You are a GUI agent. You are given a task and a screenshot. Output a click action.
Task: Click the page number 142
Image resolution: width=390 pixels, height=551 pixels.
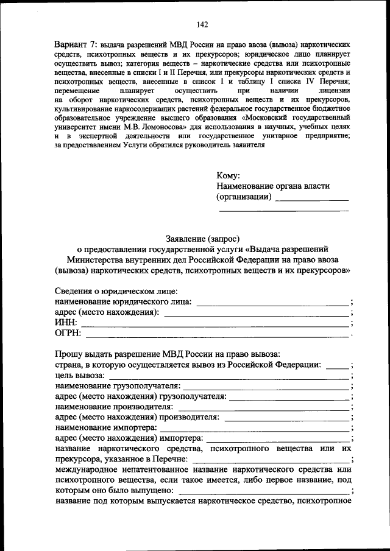[203, 24]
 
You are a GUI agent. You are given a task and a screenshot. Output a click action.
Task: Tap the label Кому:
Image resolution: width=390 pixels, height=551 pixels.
[229, 175]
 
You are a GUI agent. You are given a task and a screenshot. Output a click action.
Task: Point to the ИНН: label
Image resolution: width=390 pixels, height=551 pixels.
[66, 323]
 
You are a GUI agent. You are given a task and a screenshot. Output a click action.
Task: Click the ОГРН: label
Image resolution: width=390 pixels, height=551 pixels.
[68, 333]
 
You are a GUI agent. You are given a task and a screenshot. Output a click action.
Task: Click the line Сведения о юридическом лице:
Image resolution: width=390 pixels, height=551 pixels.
[116, 291]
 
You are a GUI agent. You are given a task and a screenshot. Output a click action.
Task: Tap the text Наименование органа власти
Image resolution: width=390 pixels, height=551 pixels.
[272, 186]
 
